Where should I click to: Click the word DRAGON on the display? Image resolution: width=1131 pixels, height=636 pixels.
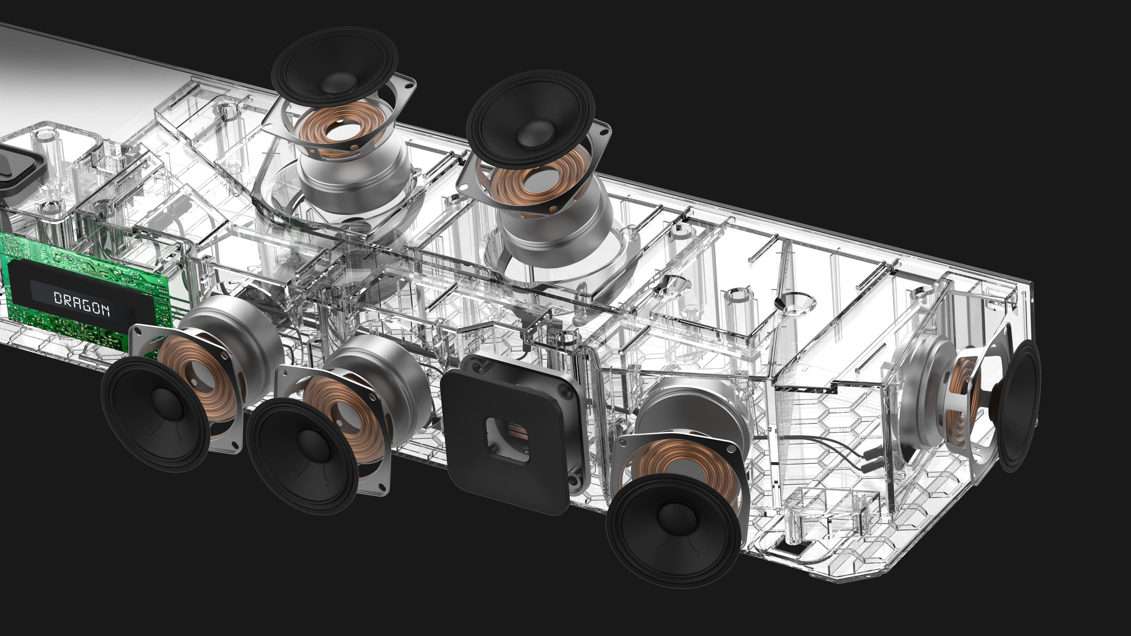coord(82,303)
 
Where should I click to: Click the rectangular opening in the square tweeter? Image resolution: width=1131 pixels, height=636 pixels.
coord(507,439)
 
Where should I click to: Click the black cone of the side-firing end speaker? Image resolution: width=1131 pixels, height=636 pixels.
coord(1021,406)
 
